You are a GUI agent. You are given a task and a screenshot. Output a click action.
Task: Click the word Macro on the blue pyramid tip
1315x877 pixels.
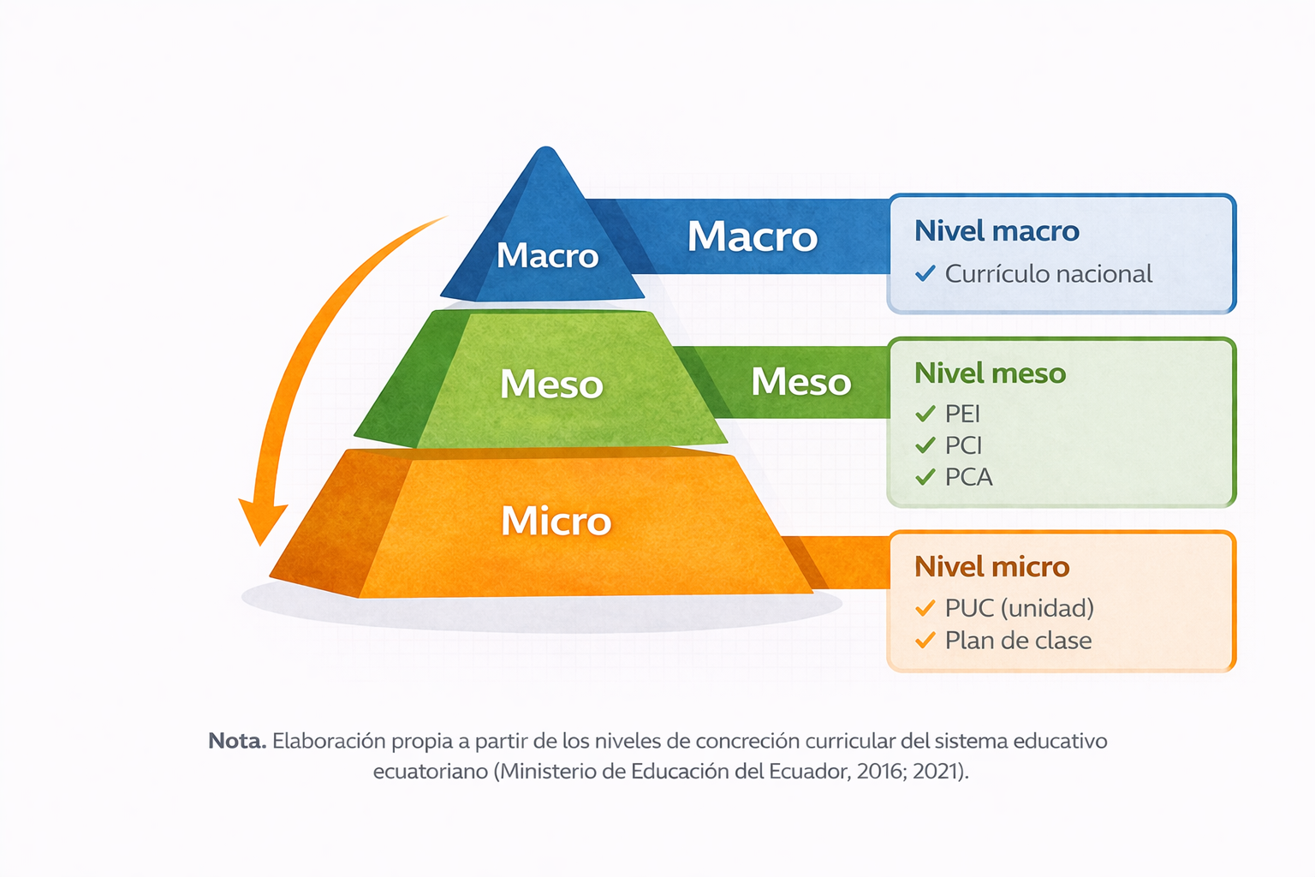[547, 255]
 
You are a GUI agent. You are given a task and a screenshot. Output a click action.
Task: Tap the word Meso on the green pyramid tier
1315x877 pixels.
[551, 385]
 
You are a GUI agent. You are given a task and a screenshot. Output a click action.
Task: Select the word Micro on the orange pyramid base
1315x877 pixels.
[556, 521]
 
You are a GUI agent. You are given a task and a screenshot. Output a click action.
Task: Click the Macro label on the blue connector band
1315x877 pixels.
[752, 236]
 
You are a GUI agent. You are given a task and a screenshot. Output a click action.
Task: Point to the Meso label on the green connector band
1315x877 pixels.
[800, 382]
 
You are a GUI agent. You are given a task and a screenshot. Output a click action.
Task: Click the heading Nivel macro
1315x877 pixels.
[997, 231]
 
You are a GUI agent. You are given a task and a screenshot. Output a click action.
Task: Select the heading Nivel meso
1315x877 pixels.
[990, 373]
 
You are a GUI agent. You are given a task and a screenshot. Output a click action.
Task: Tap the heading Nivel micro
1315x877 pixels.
[991, 567]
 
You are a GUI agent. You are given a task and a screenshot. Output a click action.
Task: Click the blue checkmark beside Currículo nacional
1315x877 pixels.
[925, 273]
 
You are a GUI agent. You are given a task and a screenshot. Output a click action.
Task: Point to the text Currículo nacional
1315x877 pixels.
[1049, 274]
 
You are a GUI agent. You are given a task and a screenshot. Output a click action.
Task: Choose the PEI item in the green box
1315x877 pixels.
[962, 415]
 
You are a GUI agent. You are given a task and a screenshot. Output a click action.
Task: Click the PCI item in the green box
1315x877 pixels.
[963, 446]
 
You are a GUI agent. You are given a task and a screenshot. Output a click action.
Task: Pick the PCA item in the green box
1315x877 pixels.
[968, 477]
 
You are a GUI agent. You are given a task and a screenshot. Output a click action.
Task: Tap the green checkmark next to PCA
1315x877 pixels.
[925, 477]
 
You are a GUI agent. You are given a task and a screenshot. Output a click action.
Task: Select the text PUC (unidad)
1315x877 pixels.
[1019, 609]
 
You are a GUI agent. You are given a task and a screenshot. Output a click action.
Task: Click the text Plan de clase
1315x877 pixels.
[1018, 641]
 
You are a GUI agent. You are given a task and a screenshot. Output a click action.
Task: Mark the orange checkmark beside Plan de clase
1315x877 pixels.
[925, 640]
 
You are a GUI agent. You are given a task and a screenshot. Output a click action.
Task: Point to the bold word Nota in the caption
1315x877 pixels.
[237, 742]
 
